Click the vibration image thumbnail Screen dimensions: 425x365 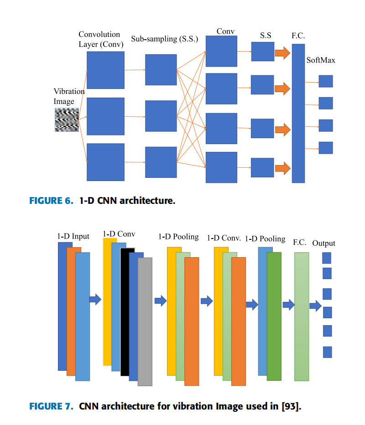[67, 120]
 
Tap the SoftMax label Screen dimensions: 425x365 [321, 60]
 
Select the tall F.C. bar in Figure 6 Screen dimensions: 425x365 [298, 113]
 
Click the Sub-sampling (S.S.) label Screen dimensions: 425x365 [165, 39]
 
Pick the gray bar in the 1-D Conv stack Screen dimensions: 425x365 [145, 321]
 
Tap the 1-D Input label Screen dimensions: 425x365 [73, 236]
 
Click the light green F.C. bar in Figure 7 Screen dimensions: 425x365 [302, 316]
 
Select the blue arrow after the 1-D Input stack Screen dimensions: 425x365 [95, 299]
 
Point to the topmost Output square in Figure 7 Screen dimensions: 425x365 [327, 258]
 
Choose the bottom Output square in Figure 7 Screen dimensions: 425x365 [327, 352]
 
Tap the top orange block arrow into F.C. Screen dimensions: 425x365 [282, 53]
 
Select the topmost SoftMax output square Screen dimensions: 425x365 [326, 81]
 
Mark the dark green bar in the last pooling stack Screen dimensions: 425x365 [274, 316]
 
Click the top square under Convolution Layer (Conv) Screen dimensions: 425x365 [105, 70]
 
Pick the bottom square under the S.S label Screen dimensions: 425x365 [262, 167]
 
